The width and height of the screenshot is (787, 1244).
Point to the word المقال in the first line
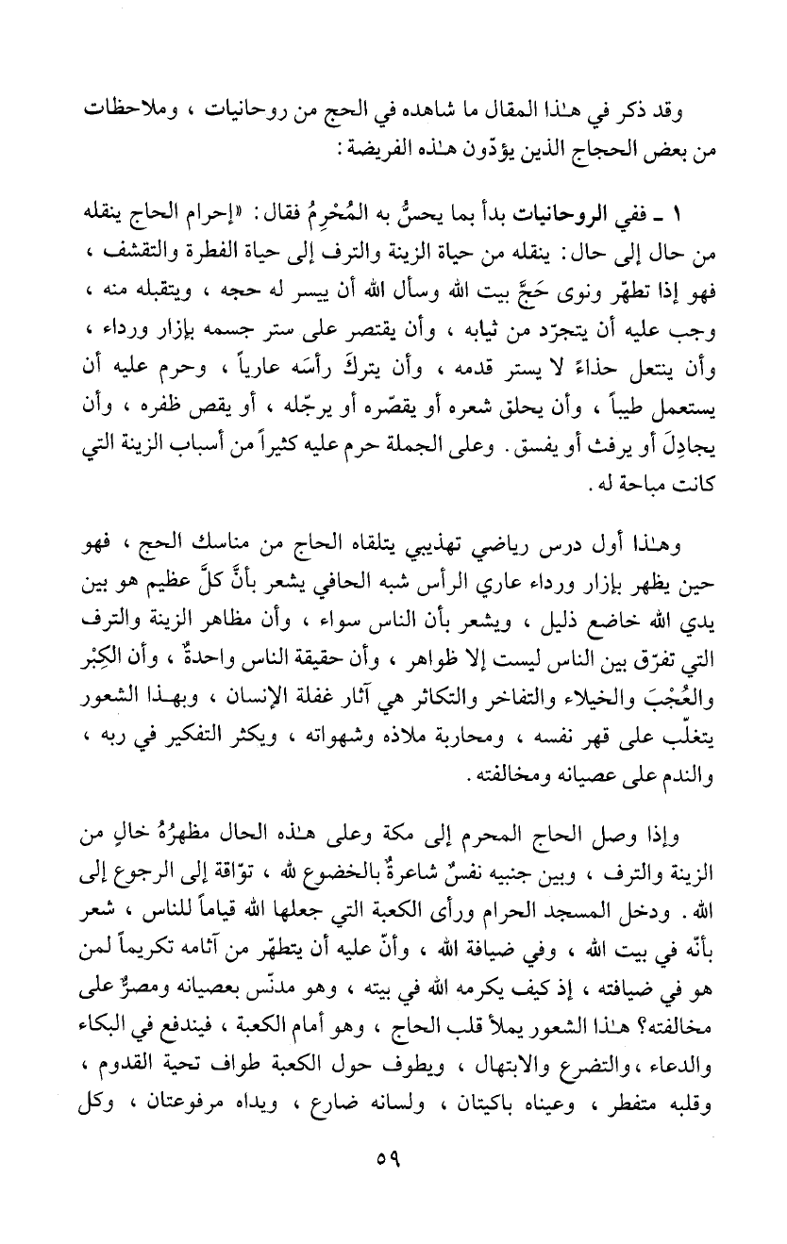pyautogui.click(x=550, y=110)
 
